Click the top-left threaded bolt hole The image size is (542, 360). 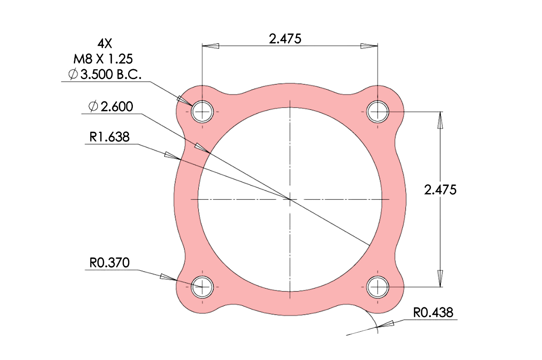click(202, 112)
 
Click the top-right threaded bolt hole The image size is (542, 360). click(377, 112)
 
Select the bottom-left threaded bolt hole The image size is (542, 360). click(202, 287)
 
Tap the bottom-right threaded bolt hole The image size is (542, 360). click(377, 287)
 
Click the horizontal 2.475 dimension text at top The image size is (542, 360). click(285, 39)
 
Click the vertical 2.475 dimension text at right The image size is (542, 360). click(440, 190)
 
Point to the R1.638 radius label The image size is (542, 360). click(109, 137)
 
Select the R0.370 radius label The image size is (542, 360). click(109, 263)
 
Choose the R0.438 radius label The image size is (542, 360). click(433, 312)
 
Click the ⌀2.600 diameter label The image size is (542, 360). click(111, 106)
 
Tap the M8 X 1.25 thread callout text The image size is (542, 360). click(103, 59)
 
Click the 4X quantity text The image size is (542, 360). click(105, 43)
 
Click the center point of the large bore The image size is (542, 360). click(290, 199)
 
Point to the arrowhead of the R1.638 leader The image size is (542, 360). click(173, 156)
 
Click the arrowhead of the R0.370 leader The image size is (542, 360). click(168, 277)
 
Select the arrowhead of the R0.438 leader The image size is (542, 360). click(386, 324)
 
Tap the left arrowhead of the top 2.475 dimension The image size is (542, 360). click(210, 46)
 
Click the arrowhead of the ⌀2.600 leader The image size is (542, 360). click(202, 147)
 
